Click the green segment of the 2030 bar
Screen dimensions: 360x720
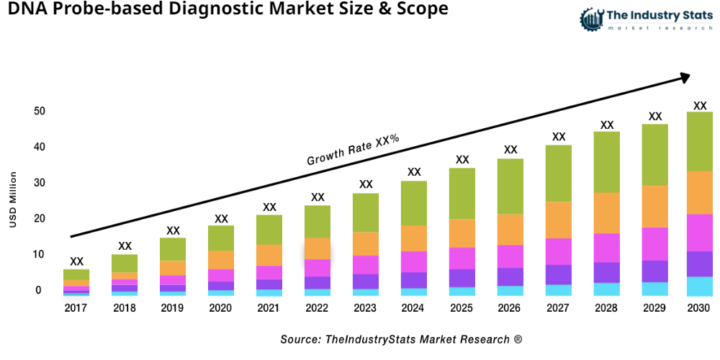tap(699, 141)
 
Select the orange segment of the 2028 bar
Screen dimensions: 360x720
tap(607, 213)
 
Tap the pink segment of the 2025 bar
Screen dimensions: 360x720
tap(462, 258)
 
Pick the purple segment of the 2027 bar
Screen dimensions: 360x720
tap(559, 274)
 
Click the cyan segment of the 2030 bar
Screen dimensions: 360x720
tap(699, 287)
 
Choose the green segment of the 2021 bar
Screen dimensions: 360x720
tap(269, 230)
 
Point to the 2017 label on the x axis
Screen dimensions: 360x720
tap(76, 308)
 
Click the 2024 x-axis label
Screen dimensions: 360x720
tap(414, 308)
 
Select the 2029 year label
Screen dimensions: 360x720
tap(655, 308)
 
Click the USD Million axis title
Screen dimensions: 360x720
tap(13, 199)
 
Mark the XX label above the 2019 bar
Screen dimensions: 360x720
tap(173, 230)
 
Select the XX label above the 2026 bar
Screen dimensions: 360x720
tap(510, 150)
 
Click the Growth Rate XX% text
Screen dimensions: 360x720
tap(353, 150)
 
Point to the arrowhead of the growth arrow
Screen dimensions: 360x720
tap(683, 76)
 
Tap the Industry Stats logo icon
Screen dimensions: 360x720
tap(591, 19)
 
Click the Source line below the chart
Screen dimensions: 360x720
tap(401, 338)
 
